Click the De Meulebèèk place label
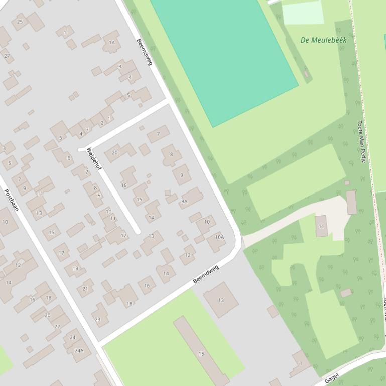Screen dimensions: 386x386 323,40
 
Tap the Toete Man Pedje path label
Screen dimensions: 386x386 361,142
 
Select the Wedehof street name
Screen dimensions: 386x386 94,158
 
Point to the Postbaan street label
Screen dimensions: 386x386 11,200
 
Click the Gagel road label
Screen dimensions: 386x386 332,377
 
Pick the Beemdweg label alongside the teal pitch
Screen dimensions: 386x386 145,52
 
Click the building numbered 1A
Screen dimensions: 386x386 112,43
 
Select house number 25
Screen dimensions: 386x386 20,22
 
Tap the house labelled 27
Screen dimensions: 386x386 7,56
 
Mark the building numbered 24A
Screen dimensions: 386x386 79,350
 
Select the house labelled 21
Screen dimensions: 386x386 85,288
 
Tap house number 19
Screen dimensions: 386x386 75,268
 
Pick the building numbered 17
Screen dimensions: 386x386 61,252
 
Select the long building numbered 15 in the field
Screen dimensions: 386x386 201,353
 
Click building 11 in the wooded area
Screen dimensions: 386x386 321,226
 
